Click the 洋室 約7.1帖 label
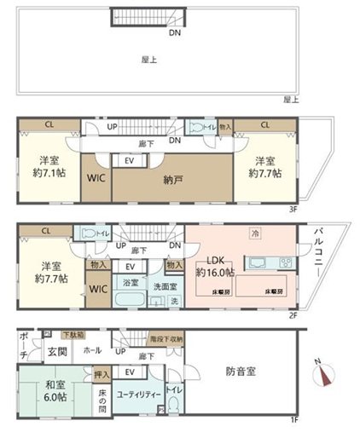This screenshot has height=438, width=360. pyautogui.click(x=49, y=167)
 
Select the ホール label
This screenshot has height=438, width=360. pyautogui.click(x=92, y=349)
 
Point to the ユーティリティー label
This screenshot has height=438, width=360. pyautogui.click(x=136, y=396)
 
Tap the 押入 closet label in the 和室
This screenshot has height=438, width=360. pyautogui.click(x=99, y=372)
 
